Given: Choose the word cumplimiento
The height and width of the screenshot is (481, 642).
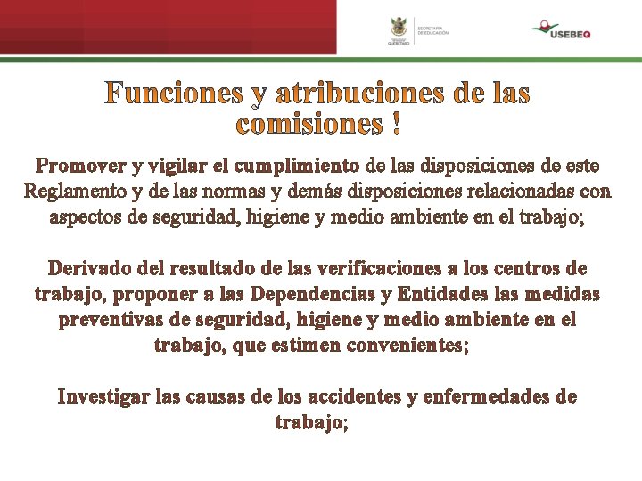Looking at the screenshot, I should [x=287, y=166].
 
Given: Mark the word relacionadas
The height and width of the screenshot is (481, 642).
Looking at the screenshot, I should [x=516, y=191].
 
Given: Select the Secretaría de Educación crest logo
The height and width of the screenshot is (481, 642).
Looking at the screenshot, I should [x=399, y=30].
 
